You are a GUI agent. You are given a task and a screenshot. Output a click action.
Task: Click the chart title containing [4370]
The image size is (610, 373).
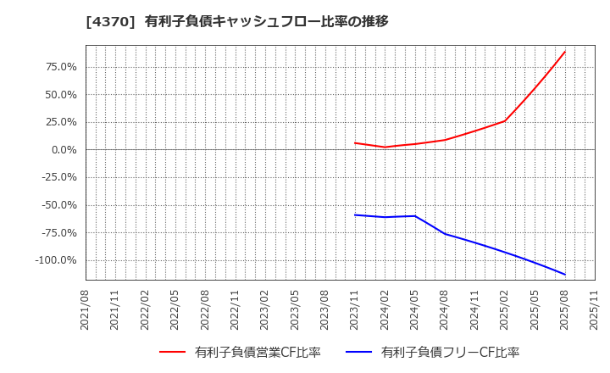(x=237, y=21)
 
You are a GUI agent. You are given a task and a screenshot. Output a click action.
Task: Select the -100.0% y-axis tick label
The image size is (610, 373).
(x=56, y=260)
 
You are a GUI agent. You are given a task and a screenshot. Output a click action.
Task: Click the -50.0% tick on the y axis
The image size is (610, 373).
(x=58, y=205)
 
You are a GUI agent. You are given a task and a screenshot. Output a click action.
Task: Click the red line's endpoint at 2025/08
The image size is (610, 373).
(x=565, y=52)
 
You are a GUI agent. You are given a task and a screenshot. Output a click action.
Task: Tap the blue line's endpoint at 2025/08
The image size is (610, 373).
(x=565, y=275)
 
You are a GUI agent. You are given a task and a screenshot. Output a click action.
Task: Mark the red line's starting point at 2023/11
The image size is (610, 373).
(x=355, y=142)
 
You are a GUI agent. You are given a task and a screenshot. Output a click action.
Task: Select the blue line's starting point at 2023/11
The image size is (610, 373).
(x=355, y=214)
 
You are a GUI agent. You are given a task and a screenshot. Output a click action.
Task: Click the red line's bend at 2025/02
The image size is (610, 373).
(x=505, y=120)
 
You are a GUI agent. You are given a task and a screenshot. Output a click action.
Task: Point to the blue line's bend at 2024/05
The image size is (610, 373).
(x=415, y=215)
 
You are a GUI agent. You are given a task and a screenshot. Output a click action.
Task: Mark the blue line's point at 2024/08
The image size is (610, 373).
(x=445, y=234)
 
